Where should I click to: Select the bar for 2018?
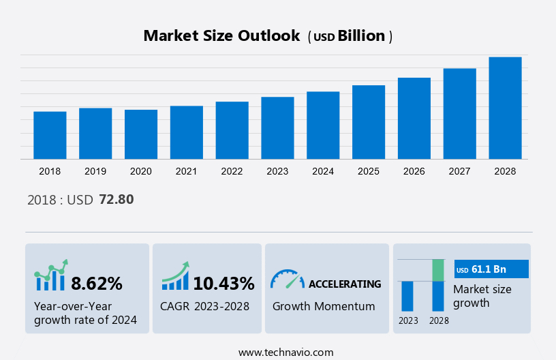[50, 135]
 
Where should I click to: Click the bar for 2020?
[141, 134]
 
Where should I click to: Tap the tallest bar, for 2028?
[506, 108]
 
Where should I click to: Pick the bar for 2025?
[369, 122]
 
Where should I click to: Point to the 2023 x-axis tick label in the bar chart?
[277, 171]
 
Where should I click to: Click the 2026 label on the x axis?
[414, 171]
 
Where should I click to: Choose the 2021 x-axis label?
[187, 171]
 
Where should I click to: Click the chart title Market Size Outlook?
[221, 36]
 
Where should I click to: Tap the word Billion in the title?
[362, 36]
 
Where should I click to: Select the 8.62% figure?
[97, 283]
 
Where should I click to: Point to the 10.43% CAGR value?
[223, 283]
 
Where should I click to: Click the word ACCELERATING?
[345, 284]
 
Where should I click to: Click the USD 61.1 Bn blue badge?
[491, 269]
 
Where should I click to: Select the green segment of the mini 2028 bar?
[438, 270]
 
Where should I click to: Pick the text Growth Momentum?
[324, 306]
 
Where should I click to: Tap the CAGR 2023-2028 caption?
[205, 306]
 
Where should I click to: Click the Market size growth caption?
[482, 296]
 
